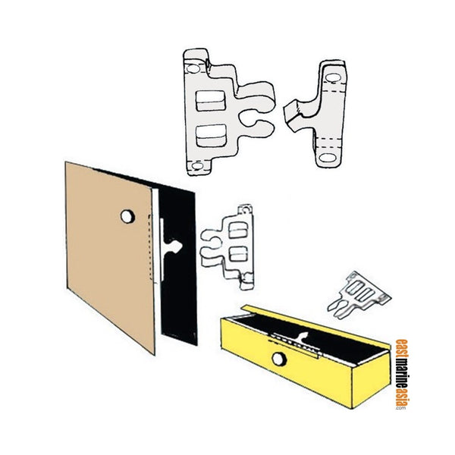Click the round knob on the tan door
pyautogui.click(x=125, y=217)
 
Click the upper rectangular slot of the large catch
pyautogui.click(x=210, y=100)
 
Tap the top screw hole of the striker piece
pyautogui.click(x=331, y=74)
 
